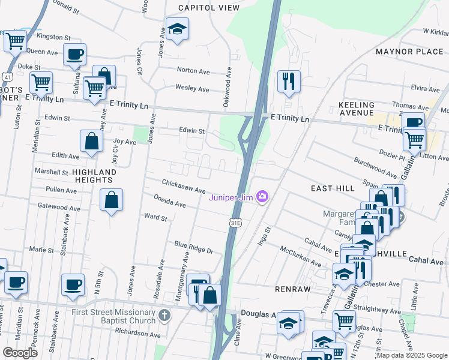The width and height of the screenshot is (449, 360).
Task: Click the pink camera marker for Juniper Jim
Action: coord(262,197)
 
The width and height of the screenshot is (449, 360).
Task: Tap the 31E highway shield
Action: coord(237,223)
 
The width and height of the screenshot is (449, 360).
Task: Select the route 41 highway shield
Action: coord(7,77)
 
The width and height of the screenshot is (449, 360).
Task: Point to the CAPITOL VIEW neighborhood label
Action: coord(209,8)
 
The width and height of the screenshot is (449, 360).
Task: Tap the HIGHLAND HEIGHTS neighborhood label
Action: coord(94,176)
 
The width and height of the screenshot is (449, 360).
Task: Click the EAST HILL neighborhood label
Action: coord(332,188)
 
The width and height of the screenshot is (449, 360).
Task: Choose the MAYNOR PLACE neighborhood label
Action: coord(409,52)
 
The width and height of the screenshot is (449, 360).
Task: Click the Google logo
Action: coord(20,352)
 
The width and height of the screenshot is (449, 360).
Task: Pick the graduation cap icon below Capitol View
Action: coord(177,28)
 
